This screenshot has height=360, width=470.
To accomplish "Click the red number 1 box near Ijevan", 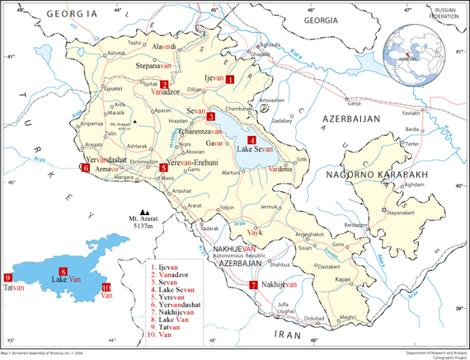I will click(230, 79).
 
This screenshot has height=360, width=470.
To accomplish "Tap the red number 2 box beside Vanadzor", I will click(164, 84).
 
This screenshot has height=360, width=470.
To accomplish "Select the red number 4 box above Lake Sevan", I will click(251, 140).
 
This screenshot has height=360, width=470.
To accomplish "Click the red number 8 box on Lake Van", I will click(63, 272).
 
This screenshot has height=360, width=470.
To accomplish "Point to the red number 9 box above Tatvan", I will click(7, 278).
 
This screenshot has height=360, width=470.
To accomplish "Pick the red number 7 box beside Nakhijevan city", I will click(252, 285).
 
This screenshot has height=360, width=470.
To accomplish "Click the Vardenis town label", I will click(280, 169).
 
